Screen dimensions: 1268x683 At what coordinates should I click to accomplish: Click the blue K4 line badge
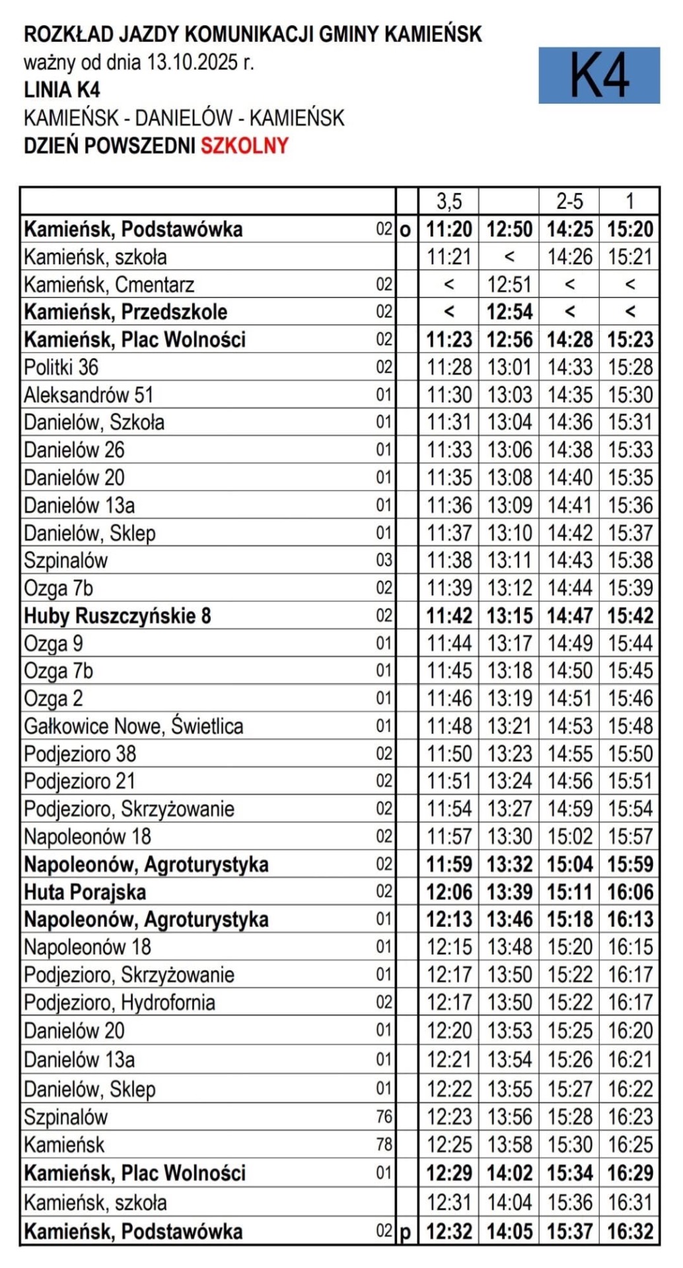tap(598, 75)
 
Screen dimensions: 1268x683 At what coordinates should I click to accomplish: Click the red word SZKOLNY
tap(244, 145)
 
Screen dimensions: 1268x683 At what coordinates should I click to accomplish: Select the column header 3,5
tap(449, 201)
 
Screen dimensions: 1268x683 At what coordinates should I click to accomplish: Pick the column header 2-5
tap(569, 201)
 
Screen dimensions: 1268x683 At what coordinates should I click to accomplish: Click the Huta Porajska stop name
tap(85, 892)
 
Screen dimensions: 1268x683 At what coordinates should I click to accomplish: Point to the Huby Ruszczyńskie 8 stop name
tap(117, 616)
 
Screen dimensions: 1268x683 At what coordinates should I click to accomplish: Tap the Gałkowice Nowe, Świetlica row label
tap(133, 726)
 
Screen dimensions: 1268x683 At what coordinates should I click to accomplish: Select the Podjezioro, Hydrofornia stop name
tap(120, 1003)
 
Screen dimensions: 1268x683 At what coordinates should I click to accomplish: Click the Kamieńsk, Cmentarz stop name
tap(109, 285)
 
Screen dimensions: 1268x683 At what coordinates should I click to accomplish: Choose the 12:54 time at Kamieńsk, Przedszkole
tap(509, 312)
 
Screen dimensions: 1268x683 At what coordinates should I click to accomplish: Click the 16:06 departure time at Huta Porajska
tap(630, 892)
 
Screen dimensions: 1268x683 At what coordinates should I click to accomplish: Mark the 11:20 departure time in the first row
tap(449, 229)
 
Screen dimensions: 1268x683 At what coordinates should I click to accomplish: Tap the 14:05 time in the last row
tap(509, 1232)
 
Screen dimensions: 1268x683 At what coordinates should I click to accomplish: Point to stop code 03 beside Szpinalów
tap(384, 561)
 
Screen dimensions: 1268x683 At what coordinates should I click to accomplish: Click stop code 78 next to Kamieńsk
tap(384, 1145)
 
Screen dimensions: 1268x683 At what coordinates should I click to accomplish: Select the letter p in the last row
tap(406, 1232)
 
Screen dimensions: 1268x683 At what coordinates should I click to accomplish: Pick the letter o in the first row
tap(406, 230)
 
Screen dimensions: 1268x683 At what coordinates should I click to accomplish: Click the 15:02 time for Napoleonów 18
tap(569, 837)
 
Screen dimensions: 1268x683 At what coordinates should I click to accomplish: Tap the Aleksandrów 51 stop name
tap(89, 395)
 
